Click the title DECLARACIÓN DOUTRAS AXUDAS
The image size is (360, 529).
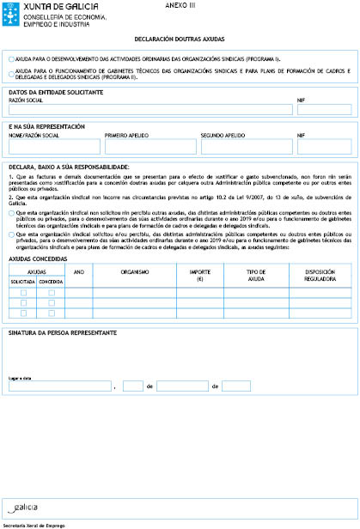click(180, 40)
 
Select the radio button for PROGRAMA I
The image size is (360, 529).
click(9, 59)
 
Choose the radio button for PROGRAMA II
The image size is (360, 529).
click(9, 72)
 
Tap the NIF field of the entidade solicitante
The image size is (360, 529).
click(323, 109)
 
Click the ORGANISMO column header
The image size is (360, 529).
click(134, 271)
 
